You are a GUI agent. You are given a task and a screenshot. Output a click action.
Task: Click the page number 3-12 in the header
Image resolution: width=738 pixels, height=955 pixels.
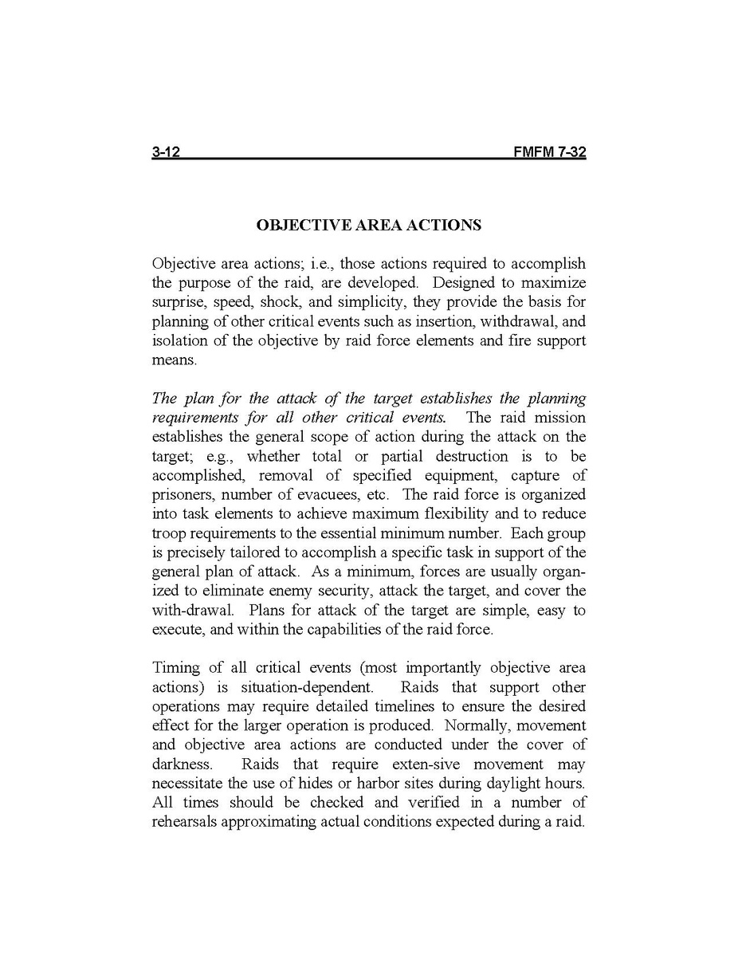(167, 152)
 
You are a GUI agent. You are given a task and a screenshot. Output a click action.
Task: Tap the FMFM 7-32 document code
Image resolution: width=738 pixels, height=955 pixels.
(550, 152)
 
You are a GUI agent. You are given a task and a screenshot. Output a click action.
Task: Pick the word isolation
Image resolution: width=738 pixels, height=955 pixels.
(180, 341)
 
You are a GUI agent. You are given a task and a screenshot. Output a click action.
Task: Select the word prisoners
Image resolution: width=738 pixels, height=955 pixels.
(180, 495)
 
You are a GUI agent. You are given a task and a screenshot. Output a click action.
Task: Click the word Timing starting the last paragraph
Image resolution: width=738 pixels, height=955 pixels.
(173, 668)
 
